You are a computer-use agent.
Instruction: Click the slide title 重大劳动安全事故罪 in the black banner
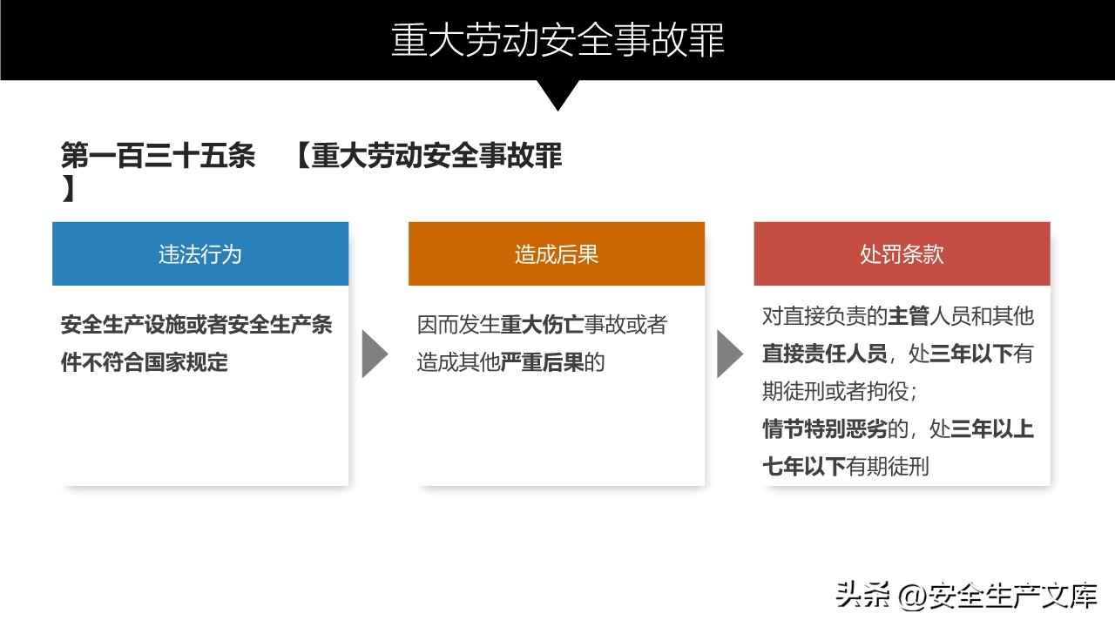[x=557, y=40]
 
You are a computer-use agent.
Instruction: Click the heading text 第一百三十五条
[x=159, y=156]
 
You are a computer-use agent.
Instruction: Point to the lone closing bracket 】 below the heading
[x=69, y=189]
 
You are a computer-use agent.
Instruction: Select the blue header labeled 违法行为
[x=200, y=253]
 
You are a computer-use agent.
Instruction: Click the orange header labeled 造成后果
[x=557, y=253]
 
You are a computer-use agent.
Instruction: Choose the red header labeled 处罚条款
[x=902, y=253]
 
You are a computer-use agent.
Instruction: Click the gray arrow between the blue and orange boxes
[x=375, y=354]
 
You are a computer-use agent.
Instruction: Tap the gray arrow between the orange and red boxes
[x=730, y=354]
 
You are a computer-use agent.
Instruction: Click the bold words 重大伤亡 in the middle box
[x=542, y=325]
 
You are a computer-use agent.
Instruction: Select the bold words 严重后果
[x=542, y=362]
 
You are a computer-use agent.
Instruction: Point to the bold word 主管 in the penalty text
[x=909, y=316]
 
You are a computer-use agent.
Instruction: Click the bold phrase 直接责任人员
[x=825, y=354]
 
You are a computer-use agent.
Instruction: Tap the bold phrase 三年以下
[x=971, y=354]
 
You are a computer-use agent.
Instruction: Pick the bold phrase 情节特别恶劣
[x=825, y=429]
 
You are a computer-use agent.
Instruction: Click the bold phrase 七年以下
[x=804, y=467]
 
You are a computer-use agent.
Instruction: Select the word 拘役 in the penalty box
[x=888, y=391]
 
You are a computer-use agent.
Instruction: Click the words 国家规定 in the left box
[x=186, y=362]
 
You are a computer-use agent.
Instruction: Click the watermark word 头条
[x=862, y=595]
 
